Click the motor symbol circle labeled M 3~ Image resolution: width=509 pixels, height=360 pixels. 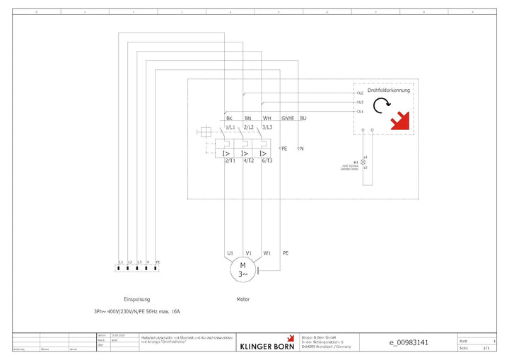point(242,269)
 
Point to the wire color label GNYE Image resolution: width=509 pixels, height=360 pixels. point(288,118)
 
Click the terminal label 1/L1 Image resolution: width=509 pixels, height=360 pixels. point(230,127)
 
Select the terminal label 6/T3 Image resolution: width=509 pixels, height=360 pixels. point(267,161)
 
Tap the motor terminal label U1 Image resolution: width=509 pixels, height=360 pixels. point(230,252)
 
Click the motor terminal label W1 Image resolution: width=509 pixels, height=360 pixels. point(267,252)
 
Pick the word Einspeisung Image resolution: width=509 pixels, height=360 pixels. point(136,299)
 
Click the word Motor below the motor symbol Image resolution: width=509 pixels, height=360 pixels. point(242,299)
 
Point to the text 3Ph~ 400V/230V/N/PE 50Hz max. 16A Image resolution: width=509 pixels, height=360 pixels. point(137,311)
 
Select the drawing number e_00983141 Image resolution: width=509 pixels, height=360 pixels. point(409,343)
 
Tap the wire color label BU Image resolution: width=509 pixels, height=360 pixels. point(303,118)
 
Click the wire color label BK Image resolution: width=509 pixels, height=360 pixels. point(229,118)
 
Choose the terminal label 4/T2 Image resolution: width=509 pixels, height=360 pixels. point(248,161)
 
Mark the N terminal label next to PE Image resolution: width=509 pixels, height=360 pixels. point(302,149)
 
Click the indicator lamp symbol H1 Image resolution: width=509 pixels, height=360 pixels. point(364,162)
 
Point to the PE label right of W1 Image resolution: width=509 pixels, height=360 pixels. point(286,252)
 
